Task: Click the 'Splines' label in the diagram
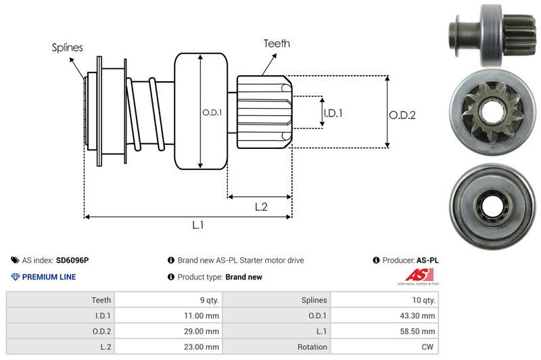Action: click(x=67, y=47)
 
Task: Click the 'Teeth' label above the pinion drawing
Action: click(x=277, y=43)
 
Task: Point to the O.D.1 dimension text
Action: click(x=211, y=112)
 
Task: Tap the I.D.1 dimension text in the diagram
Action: click(x=333, y=113)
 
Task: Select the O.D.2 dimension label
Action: click(x=402, y=115)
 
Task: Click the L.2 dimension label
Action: click(x=262, y=208)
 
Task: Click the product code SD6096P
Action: click(x=72, y=260)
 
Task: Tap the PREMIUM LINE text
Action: click(x=49, y=277)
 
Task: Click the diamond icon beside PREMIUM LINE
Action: click(x=16, y=277)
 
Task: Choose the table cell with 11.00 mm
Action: click(x=202, y=315)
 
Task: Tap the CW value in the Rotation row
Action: click(x=429, y=346)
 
